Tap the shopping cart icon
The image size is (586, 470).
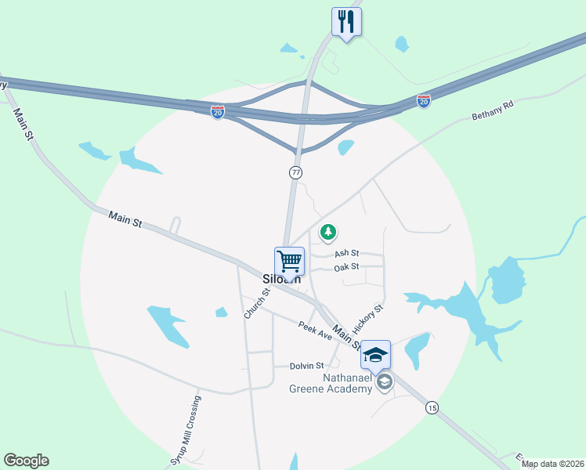289,260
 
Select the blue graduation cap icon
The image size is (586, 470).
375,354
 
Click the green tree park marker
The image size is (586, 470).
328,231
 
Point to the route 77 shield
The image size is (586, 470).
295,172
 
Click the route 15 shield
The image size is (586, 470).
432,407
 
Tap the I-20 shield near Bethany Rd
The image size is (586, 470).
423,102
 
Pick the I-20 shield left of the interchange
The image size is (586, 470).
218,112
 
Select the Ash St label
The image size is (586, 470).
346,253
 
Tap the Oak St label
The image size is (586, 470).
346,267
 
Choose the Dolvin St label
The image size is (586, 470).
307,366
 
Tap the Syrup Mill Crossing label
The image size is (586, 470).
186,432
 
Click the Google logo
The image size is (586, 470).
26,461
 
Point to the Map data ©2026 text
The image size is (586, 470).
552,464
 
